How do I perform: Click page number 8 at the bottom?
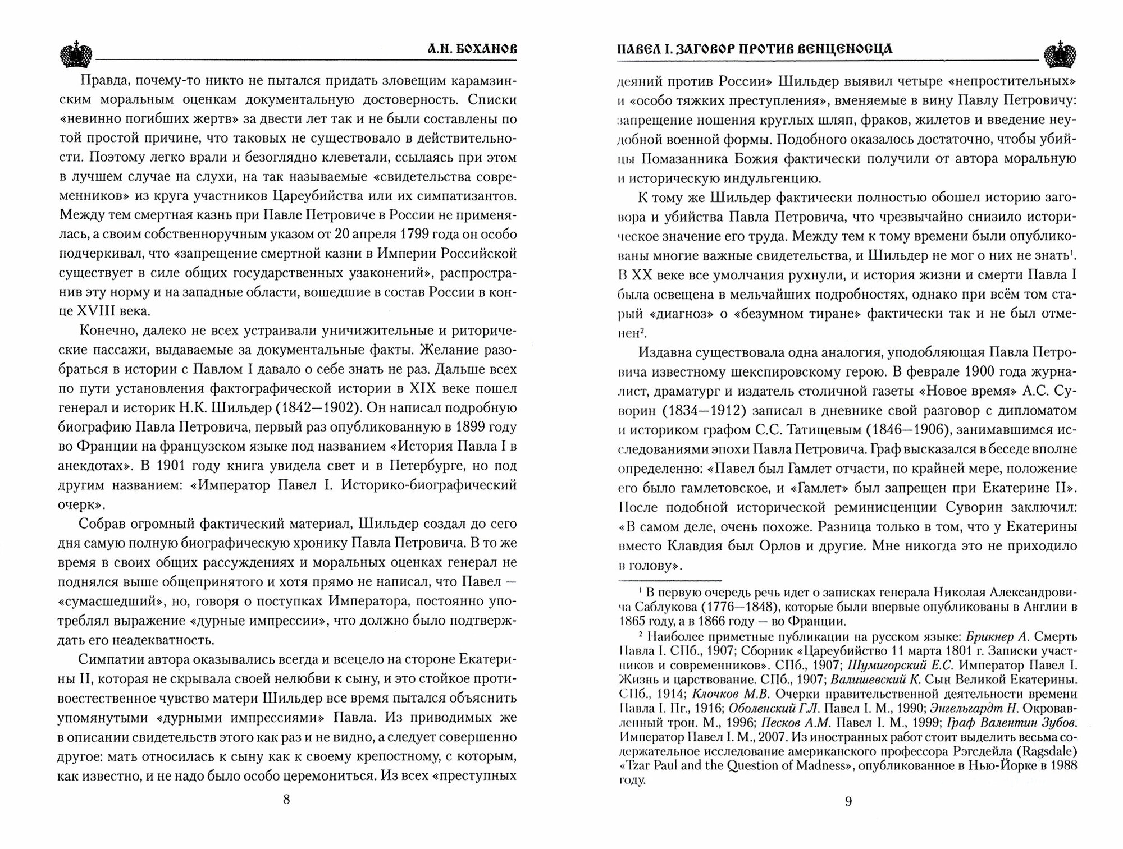coord(286,800)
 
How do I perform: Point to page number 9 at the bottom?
coord(848,801)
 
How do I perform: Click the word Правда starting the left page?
coord(104,81)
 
